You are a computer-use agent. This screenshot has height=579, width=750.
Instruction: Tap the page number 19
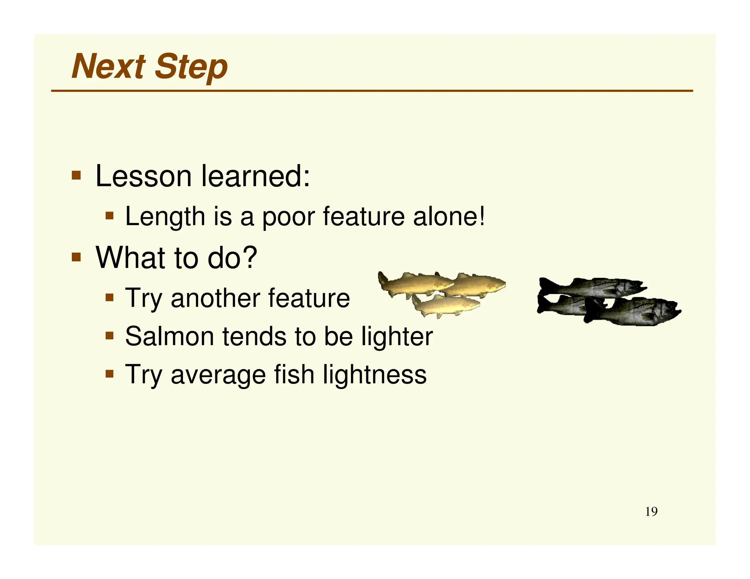[x=651, y=512]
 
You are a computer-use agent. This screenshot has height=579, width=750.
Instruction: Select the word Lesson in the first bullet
[x=143, y=176]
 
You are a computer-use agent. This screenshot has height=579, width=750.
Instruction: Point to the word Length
[x=165, y=217]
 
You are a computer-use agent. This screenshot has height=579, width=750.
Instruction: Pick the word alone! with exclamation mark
[x=449, y=217]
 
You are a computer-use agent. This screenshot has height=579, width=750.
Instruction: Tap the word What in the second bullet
[x=129, y=258]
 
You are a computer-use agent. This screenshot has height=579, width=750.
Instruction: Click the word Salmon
[x=170, y=336]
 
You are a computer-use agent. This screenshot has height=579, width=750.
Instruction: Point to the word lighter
[x=397, y=337]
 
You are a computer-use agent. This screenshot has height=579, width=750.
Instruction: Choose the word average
[x=218, y=375]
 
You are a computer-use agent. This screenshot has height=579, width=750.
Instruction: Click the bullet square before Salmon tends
[x=109, y=335]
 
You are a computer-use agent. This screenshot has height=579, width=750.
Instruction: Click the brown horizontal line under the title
[x=371, y=90]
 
